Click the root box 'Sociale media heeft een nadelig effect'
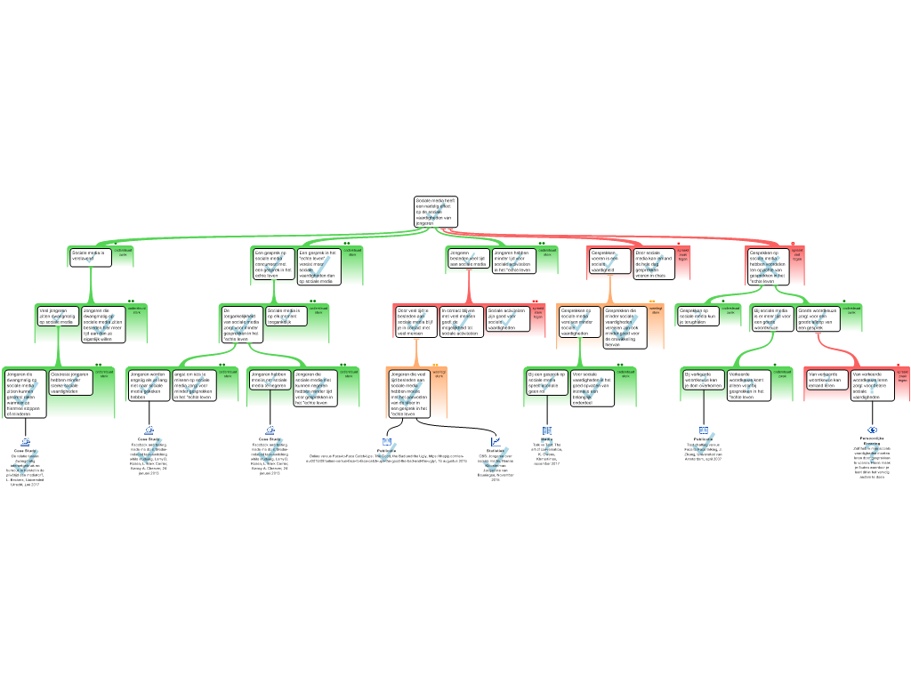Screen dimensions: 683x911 [436, 211]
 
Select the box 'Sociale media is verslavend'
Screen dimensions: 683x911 [91, 257]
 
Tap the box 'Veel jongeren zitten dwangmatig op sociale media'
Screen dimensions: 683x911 [56, 316]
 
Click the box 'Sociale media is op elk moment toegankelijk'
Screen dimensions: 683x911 [286, 316]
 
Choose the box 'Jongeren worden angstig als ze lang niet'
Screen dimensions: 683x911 [148, 385]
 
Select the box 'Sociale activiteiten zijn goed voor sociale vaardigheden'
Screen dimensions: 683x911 [508, 319]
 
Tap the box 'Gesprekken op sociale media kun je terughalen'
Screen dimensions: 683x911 [699, 316]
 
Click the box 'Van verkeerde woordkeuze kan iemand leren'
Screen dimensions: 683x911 [826, 380]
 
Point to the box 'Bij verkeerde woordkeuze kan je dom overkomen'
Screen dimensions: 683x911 [704, 380]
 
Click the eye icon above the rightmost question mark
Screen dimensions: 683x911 [872, 430]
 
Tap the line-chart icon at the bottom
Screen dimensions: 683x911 [496, 441]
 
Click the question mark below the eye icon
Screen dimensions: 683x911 [872, 454]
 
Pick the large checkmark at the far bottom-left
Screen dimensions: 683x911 [25, 462]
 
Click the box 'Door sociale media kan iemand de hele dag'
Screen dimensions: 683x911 [654, 262]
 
